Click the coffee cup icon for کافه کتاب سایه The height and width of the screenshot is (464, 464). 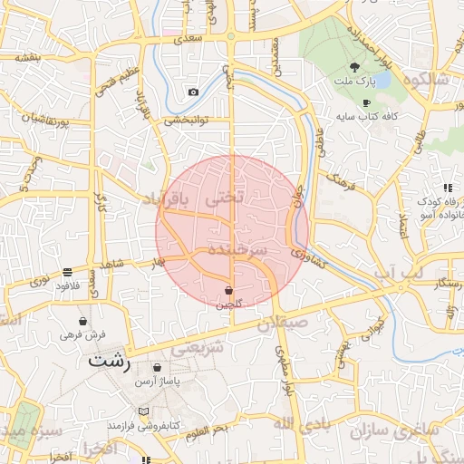click(367, 103)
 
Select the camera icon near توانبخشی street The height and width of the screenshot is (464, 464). click(193, 92)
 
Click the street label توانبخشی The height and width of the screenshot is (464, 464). click(186, 119)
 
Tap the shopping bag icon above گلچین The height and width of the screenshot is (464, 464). click(228, 290)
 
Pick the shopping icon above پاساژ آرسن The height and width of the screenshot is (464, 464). click(159, 368)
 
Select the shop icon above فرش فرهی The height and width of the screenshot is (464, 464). click(83, 321)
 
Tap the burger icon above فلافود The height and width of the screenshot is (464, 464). click(68, 271)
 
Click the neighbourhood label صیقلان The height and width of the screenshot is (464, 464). click(283, 321)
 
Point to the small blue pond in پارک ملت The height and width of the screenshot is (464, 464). click(382, 81)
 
